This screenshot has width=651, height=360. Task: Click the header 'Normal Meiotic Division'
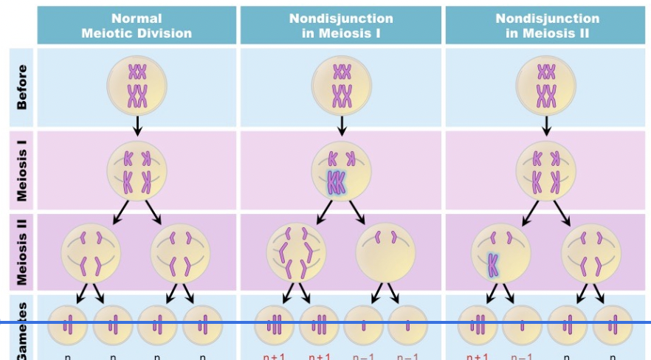pos(137,26)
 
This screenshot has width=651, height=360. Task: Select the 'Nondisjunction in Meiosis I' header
pos(341,26)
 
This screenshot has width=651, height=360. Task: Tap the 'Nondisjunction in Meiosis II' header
pos(546,26)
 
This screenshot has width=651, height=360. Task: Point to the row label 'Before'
pos(21,87)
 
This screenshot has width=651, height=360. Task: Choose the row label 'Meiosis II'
pos(21,252)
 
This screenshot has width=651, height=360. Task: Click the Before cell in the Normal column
pos(137,84)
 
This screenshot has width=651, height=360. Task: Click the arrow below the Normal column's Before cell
pos(137,125)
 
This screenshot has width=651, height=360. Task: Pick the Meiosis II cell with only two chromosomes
pos(385,252)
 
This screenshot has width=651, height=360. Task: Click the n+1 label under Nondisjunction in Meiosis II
pos(478,356)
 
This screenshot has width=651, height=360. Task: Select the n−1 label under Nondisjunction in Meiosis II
pos(523,356)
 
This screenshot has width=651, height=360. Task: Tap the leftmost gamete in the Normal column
pos(68,324)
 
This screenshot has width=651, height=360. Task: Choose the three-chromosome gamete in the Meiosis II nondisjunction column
pos(478,324)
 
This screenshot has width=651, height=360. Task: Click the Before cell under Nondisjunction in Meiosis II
pos(546,84)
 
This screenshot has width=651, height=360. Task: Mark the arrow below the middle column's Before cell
pos(341,125)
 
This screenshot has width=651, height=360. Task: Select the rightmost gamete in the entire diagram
pos(613,324)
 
